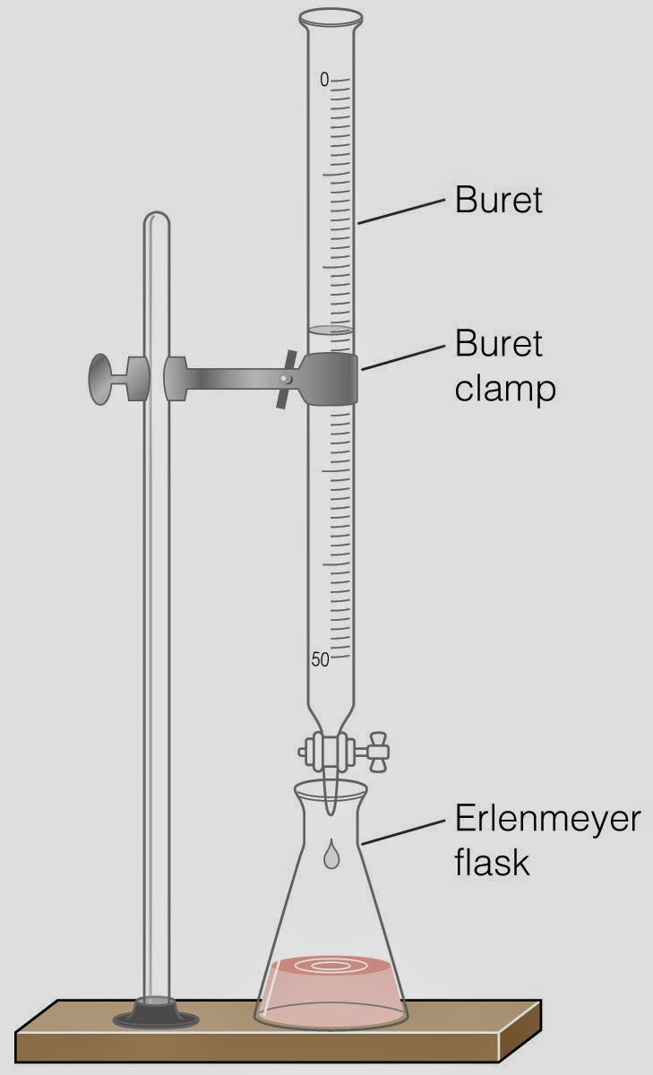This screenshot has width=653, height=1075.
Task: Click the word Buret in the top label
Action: tap(499, 200)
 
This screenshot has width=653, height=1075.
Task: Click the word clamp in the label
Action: tap(504, 390)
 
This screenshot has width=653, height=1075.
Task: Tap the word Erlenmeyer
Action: tap(547, 820)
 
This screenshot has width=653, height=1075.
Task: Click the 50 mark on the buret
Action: tap(320, 660)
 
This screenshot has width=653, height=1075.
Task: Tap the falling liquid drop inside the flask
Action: tap(331, 856)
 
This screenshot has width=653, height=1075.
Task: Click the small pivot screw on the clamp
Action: tap(285, 380)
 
